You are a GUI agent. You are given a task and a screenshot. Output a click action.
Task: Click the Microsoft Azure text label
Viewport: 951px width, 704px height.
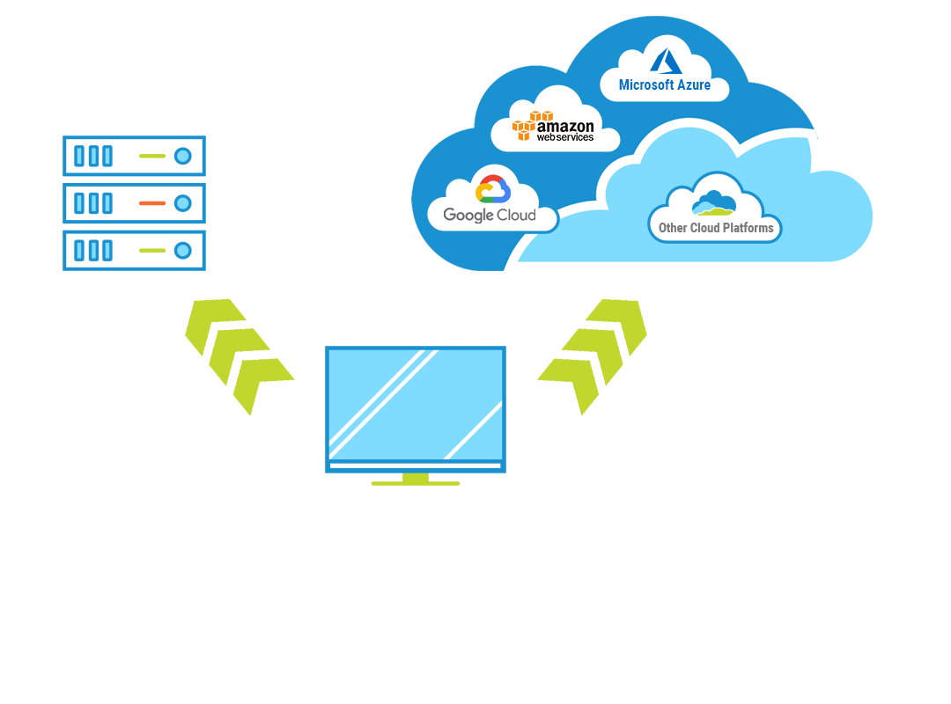[x=665, y=85]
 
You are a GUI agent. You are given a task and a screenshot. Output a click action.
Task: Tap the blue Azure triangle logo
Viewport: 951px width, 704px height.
[x=667, y=61]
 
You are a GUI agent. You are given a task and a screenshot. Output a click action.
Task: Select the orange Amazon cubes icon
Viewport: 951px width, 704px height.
[x=533, y=126]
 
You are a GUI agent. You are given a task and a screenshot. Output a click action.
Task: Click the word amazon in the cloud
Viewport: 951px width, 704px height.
[x=565, y=126]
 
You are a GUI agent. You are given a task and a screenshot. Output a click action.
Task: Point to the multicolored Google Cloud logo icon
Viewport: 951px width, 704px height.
[x=493, y=189]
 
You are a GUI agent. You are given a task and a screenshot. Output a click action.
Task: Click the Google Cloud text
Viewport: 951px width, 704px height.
[x=490, y=215]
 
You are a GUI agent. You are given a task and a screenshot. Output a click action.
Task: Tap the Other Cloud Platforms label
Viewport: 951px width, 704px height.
[x=716, y=228]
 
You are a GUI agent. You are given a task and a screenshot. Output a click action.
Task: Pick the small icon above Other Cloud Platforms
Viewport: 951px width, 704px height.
[x=713, y=204]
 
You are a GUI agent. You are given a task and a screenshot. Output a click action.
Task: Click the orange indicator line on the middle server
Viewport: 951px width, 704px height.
[x=152, y=203]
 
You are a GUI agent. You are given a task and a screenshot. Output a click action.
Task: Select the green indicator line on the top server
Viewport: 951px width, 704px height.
[x=152, y=157]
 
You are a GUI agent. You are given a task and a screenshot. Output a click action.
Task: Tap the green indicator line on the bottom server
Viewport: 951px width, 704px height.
[x=152, y=250]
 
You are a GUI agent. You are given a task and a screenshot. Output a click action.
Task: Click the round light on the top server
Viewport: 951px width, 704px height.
[x=183, y=157]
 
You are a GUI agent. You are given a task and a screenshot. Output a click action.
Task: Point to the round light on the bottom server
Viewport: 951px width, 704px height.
[x=183, y=250]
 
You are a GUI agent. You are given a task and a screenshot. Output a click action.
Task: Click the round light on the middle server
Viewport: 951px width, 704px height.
[x=183, y=203]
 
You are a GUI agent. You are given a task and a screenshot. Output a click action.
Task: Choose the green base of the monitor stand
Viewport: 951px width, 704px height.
[x=416, y=482]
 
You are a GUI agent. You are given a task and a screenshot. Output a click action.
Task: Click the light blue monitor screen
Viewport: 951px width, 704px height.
[x=416, y=405]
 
